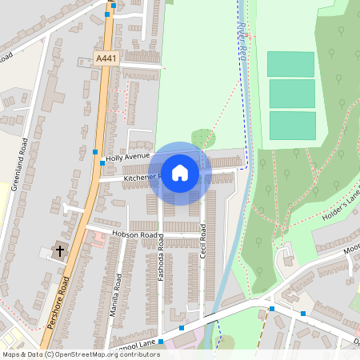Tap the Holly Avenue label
128,158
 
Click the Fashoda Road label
161,257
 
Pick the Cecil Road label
202,239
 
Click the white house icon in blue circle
180,173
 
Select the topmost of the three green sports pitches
291,64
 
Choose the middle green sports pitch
291,94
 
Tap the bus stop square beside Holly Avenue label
95,151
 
